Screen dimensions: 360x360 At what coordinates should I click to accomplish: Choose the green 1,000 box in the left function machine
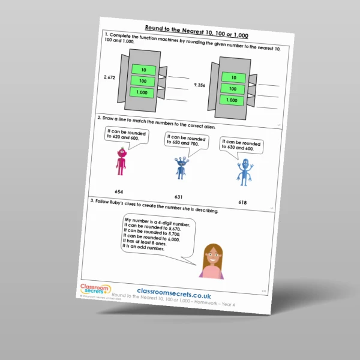click(143, 92)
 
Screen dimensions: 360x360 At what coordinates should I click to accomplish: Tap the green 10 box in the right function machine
click(233, 76)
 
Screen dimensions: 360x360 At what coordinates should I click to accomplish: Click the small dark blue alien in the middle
click(181, 167)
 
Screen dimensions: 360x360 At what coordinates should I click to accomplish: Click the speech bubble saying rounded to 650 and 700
click(187, 142)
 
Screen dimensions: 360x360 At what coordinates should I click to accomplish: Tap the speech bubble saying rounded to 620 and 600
click(125, 134)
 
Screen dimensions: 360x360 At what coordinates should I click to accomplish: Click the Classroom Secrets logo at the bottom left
click(95, 290)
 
